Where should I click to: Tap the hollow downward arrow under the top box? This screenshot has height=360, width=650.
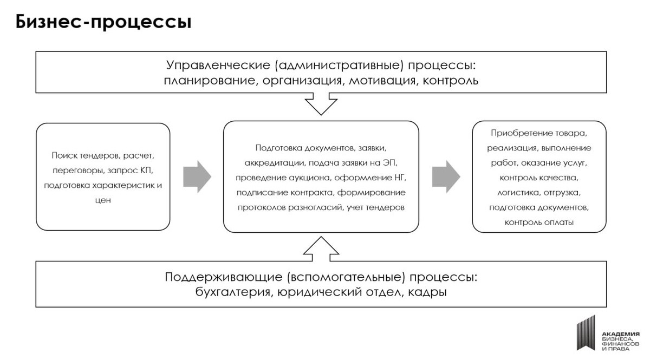pyautogui.click(x=321, y=103)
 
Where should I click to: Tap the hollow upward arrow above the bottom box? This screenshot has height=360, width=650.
pyautogui.click(x=321, y=248)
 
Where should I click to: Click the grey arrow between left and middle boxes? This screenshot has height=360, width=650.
pyautogui.click(x=197, y=176)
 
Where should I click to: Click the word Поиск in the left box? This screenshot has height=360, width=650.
pyautogui.click(x=63, y=155)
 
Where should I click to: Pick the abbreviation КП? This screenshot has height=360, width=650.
pyautogui.click(x=147, y=171)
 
